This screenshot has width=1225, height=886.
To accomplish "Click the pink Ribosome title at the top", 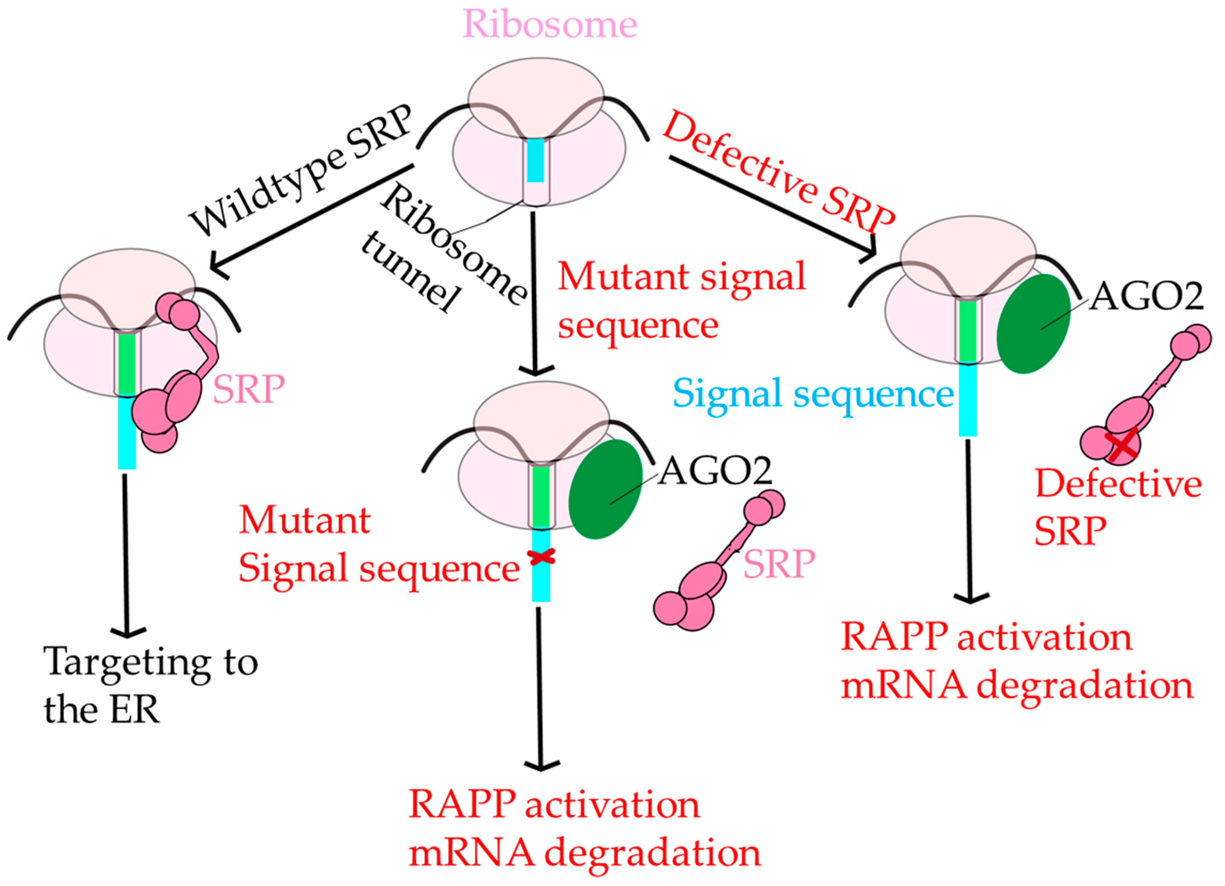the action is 550,24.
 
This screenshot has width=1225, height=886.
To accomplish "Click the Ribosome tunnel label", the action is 443,248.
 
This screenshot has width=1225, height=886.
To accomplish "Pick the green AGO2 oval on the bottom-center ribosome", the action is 605,489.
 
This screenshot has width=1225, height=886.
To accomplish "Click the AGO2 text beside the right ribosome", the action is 1146,296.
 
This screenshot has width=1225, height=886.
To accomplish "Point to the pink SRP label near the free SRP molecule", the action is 779,564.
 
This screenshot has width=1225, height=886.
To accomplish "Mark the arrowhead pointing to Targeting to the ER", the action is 128,631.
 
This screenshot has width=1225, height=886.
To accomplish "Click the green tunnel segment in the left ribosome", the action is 127,364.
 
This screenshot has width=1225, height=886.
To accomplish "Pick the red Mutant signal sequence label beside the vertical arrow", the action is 682,300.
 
